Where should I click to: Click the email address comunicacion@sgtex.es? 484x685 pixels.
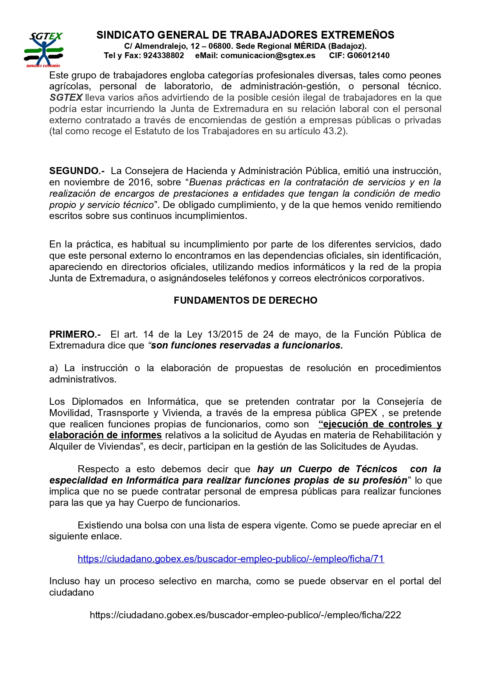coord(268,55)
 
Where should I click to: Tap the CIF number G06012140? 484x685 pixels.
coord(368,55)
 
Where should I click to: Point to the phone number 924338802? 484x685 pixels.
coord(164,55)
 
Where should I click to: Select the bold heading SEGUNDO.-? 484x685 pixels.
coord(77,171)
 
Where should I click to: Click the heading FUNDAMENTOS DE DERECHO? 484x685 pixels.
coord(246,300)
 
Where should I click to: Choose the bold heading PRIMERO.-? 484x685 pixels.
coord(75,334)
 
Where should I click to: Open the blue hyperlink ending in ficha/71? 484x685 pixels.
coord(231,559)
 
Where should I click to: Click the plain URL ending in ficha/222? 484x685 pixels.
coord(245,615)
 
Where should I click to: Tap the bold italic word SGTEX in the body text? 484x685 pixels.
coord(66,98)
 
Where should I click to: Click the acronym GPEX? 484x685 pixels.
coord(364,413)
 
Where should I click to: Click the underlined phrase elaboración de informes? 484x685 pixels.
coord(105,435)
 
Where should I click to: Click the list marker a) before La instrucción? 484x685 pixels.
coord(53,368)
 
